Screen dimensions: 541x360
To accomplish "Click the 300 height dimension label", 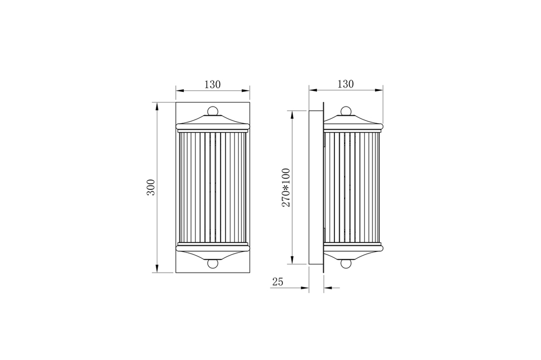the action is click(x=151, y=187).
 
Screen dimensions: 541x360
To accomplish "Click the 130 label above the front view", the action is click(x=213, y=84).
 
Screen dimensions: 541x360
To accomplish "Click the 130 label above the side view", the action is click(x=346, y=84).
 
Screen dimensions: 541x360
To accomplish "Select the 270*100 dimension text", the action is click(x=286, y=188).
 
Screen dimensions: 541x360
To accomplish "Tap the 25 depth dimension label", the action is click(x=278, y=282).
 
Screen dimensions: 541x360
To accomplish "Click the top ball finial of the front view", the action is click(x=213, y=111).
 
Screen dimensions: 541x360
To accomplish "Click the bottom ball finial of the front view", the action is click(x=213, y=263).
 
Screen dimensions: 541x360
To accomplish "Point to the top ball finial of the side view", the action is click(x=346, y=111).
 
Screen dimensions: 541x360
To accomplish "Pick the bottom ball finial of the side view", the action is click(x=346, y=263).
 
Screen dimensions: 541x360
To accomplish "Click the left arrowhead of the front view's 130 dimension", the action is click(x=180, y=91).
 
